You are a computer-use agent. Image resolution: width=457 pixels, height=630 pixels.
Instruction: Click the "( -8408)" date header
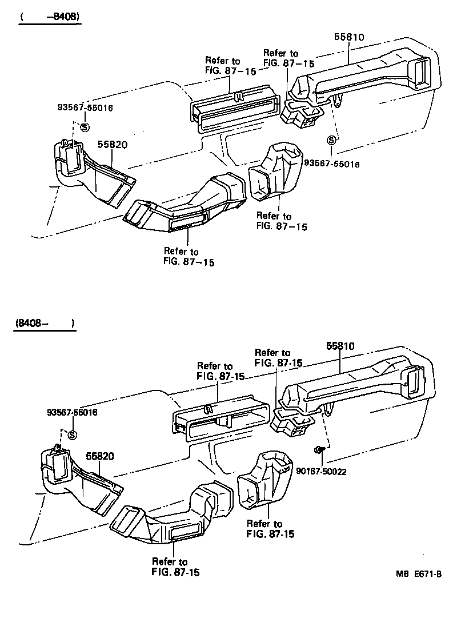(x=49, y=17)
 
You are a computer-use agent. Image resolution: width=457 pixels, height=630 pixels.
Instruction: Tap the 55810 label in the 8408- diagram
(x=341, y=346)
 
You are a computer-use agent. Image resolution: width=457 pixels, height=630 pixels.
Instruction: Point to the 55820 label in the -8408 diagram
(x=111, y=145)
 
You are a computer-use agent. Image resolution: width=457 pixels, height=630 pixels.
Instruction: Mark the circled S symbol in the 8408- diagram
(x=72, y=435)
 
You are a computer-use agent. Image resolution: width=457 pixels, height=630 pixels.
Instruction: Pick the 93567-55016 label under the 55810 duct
(x=332, y=164)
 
